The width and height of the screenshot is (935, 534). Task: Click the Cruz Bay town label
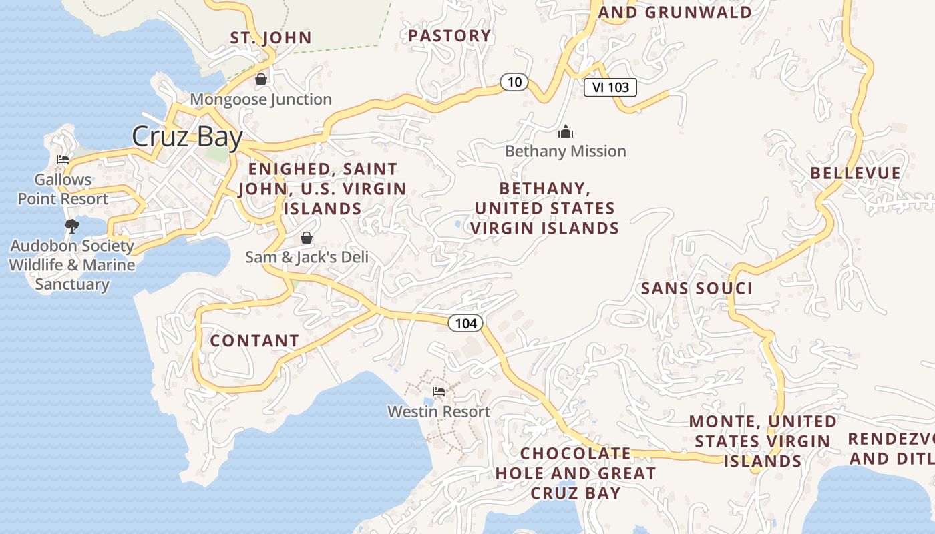tap(187, 137)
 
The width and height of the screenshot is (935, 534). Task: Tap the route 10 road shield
tap(514, 83)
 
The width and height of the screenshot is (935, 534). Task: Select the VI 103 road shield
tap(610, 87)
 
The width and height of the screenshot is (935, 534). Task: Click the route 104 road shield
tap(465, 324)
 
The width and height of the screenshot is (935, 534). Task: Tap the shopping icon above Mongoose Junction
tap(261, 79)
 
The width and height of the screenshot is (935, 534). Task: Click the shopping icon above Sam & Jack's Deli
tap(307, 238)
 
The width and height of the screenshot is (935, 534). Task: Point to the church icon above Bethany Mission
tap(566, 131)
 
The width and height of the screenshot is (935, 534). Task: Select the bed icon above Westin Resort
tap(439, 392)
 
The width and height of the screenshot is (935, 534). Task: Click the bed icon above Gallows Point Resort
tap(63, 160)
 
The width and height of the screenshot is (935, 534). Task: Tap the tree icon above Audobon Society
tap(71, 226)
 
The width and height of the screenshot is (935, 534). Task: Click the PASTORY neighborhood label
tap(449, 35)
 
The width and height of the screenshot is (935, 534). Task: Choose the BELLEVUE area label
tap(856, 173)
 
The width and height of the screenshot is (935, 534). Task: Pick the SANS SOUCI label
tap(697, 288)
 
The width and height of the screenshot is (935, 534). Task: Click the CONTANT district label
tap(254, 341)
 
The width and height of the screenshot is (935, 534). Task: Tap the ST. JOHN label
tap(271, 37)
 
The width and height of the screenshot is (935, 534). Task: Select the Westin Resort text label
tap(439, 412)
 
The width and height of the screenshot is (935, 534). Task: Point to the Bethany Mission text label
tap(566, 152)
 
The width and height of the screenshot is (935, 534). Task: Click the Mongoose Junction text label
tap(261, 99)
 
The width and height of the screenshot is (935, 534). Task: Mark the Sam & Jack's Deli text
tap(307, 257)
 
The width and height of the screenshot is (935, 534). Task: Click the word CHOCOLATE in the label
tap(576, 454)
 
